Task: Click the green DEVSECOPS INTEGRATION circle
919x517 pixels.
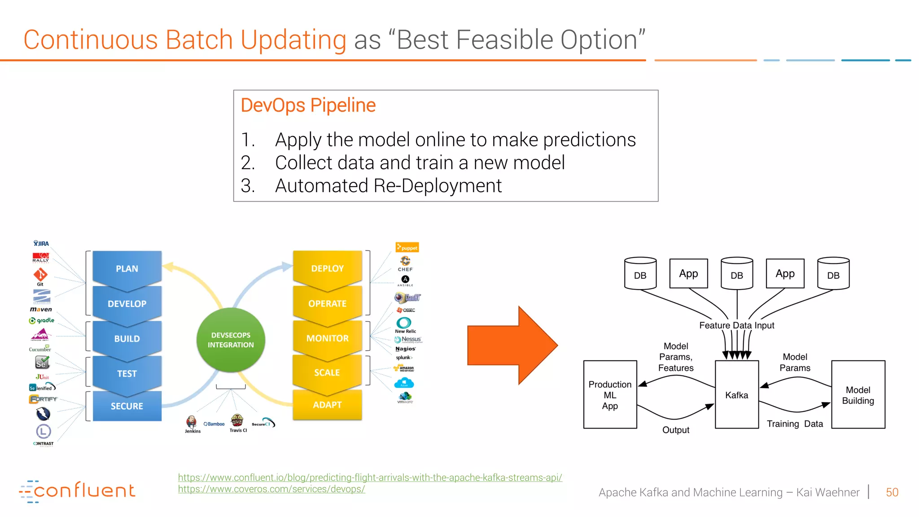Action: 231,340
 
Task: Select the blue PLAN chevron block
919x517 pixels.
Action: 127,268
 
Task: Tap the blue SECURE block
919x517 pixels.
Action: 127,406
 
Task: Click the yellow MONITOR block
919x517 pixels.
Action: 327,338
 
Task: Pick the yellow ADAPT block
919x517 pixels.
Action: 327,405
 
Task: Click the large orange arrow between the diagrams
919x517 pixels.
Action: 512,345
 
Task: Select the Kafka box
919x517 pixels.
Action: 736,394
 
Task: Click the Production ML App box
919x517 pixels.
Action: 610,394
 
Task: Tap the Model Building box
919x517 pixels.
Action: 858,394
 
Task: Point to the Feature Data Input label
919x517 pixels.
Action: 736,325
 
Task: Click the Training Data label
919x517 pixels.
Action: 794,424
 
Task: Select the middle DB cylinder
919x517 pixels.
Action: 736,273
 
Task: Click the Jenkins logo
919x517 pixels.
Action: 192,423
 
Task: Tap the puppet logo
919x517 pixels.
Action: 407,247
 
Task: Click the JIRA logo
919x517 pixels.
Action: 41,243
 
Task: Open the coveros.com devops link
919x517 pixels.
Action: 271,489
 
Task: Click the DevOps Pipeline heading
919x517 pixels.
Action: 308,105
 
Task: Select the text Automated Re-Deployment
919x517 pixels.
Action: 388,185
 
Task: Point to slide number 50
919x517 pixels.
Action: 892,492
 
